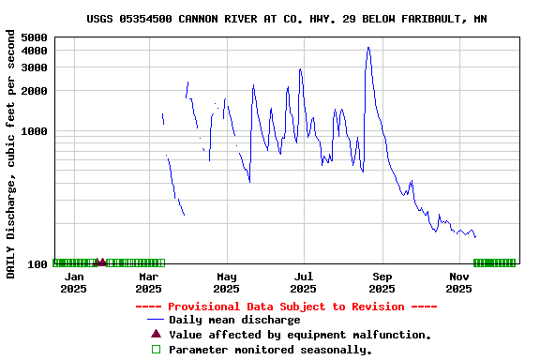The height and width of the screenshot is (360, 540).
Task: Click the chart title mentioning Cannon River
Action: click(x=286, y=19)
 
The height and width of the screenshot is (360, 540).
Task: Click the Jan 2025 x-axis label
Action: click(x=73, y=282)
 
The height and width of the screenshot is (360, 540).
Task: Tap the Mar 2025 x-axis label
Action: click(x=149, y=282)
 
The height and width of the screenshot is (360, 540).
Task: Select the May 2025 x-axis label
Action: click(x=226, y=282)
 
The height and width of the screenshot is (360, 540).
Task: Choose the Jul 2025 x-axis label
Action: click(x=303, y=282)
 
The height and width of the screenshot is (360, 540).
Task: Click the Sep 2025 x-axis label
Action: click(x=382, y=282)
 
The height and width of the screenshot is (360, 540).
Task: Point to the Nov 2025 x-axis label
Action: click(x=458, y=282)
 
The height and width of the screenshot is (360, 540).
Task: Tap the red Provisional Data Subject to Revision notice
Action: click(x=286, y=307)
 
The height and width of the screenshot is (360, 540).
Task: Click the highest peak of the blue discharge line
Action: click(x=368, y=47)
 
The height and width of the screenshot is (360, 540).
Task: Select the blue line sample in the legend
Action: click(x=156, y=320)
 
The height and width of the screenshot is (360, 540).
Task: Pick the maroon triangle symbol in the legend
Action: click(x=156, y=334)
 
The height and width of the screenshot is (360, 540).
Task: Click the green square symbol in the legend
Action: click(x=156, y=349)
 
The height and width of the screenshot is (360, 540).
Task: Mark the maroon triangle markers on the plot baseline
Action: click(x=99, y=262)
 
